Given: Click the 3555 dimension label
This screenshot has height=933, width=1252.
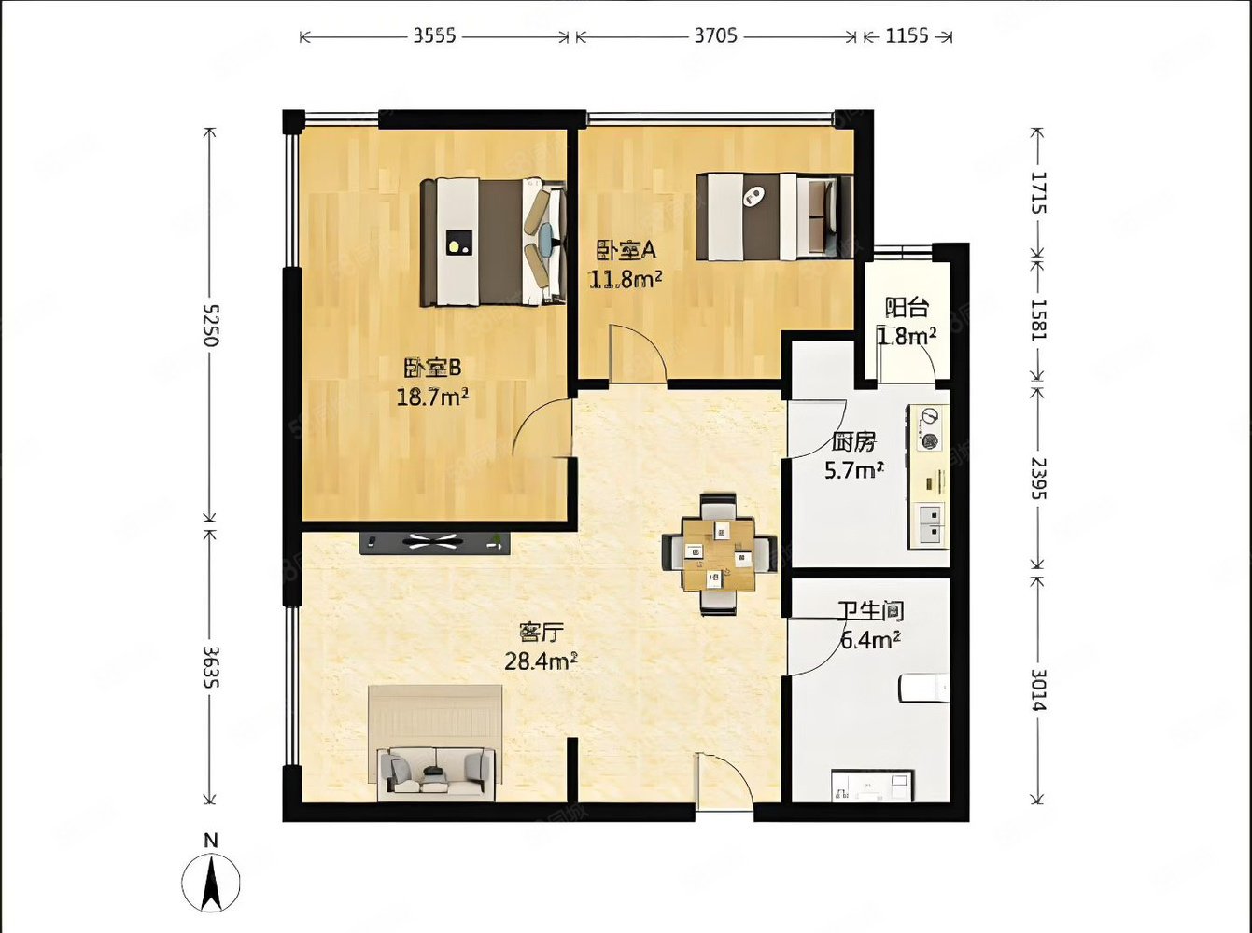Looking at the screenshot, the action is coord(435,35).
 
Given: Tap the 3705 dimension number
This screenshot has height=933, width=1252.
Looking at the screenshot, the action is coord(715,35).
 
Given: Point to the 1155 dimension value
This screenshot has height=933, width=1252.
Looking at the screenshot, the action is coord(907,35).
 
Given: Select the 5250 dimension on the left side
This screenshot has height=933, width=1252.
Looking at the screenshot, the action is coord(211,326).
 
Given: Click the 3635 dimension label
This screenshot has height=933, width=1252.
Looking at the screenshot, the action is coord(211,667).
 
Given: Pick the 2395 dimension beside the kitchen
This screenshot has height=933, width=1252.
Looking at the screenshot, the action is coord(1038,479).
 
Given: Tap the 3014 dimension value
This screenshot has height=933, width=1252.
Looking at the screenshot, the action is coord(1038,689).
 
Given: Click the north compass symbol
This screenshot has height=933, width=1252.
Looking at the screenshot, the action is coord(211,874).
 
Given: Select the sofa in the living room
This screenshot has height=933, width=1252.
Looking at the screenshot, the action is coord(436,771).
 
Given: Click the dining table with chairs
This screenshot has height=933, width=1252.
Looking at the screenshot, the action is coord(719,554).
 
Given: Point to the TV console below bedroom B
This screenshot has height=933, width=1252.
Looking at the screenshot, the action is coord(435,542).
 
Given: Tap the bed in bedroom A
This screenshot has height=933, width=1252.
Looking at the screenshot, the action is coord(775,216).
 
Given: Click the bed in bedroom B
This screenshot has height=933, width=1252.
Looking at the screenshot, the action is coord(493,243).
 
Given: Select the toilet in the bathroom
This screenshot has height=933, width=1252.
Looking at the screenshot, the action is coord(924,688).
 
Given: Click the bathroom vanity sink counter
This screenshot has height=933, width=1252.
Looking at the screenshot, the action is coord(872,786).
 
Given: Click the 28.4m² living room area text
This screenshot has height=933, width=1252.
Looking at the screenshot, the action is coord(542,661).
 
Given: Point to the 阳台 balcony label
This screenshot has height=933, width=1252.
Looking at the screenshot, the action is coord(907,308).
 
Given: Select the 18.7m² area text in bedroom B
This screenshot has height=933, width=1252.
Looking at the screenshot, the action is coord(433,397).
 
